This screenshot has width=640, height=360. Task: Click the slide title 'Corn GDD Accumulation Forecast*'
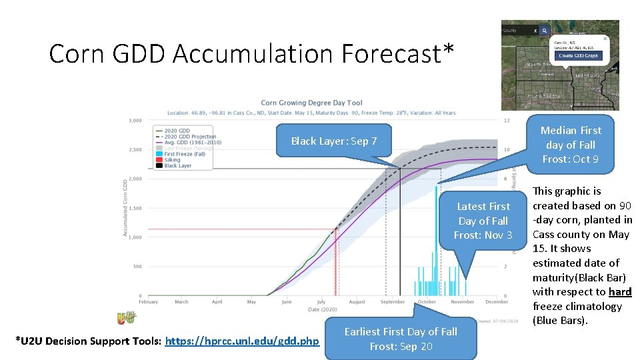click(252, 53)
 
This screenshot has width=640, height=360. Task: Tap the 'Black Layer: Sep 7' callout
click(333, 141)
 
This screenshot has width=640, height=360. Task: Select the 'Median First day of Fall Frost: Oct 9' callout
click(570, 145)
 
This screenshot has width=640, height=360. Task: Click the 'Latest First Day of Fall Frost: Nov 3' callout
click(483, 221)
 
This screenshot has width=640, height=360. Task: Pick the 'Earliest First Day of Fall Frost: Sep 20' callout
click(400, 339)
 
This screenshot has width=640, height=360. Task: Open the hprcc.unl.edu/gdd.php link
click(242, 341)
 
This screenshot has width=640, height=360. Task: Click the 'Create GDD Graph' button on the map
click(579, 55)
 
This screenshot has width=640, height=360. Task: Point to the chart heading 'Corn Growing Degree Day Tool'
click(311, 103)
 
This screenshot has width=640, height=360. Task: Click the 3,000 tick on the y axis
click(135, 121)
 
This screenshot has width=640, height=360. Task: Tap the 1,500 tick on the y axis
click(135, 208)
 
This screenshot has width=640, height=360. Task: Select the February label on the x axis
click(148, 302)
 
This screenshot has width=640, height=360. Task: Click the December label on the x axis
click(497, 302)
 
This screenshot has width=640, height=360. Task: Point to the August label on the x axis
click(357, 302)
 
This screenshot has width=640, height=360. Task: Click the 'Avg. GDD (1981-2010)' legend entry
click(192, 143)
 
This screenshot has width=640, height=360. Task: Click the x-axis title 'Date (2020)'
click(323, 309)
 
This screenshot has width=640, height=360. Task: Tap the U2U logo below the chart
click(126, 318)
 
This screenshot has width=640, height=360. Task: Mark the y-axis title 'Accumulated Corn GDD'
click(125, 207)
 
